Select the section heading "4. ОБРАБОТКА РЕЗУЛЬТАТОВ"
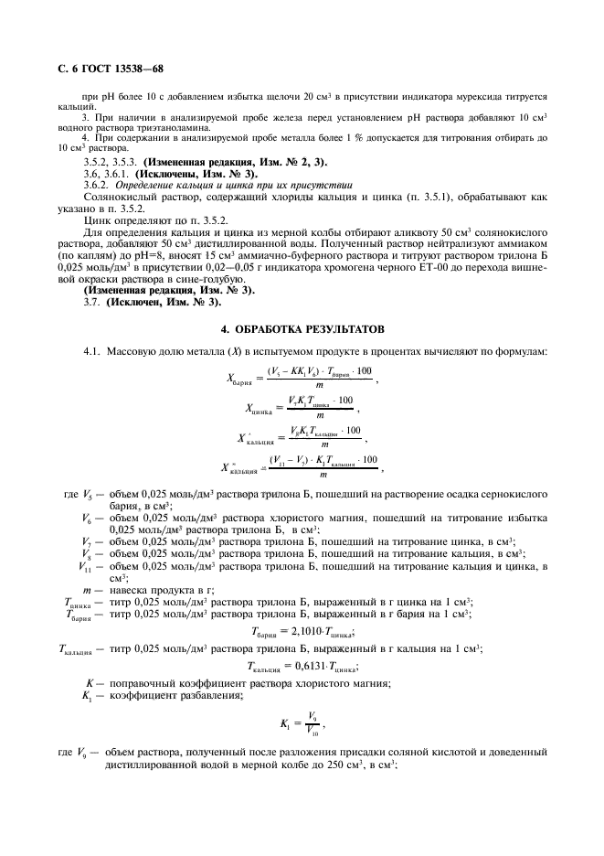(302, 327)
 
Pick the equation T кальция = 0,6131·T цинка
(302, 666)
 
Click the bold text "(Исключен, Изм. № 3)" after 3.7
(164, 301)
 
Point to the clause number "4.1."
(96, 351)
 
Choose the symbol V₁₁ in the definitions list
(88, 566)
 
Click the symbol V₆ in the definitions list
(86, 518)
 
